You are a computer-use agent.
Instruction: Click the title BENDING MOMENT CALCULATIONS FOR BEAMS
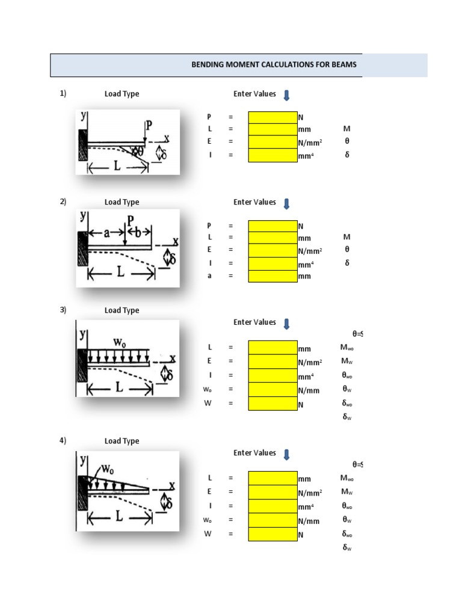pyautogui.click(x=277, y=65)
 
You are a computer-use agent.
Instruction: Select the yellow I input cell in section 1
pyautogui.click(x=273, y=155)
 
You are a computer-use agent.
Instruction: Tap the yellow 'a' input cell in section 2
pyautogui.click(x=273, y=276)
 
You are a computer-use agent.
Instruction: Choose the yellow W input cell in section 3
pyautogui.click(x=273, y=404)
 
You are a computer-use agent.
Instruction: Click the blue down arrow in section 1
pyautogui.click(x=286, y=95)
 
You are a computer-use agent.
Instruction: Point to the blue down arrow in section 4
pyautogui.click(x=286, y=454)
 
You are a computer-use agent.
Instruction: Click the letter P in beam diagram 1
pyautogui.click(x=149, y=125)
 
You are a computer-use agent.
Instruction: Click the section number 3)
pyautogui.click(x=63, y=310)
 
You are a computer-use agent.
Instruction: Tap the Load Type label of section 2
pyautogui.click(x=122, y=202)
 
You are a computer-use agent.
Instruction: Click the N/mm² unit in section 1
pyautogui.click(x=310, y=142)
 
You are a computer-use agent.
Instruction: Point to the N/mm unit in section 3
pyautogui.click(x=309, y=390)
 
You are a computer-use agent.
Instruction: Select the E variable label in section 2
pyautogui.click(x=209, y=250)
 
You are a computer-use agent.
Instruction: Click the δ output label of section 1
pyautogui.click(x=346, y=155)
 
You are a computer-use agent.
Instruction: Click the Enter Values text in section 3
pyautogui.click(x=254, y=322)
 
